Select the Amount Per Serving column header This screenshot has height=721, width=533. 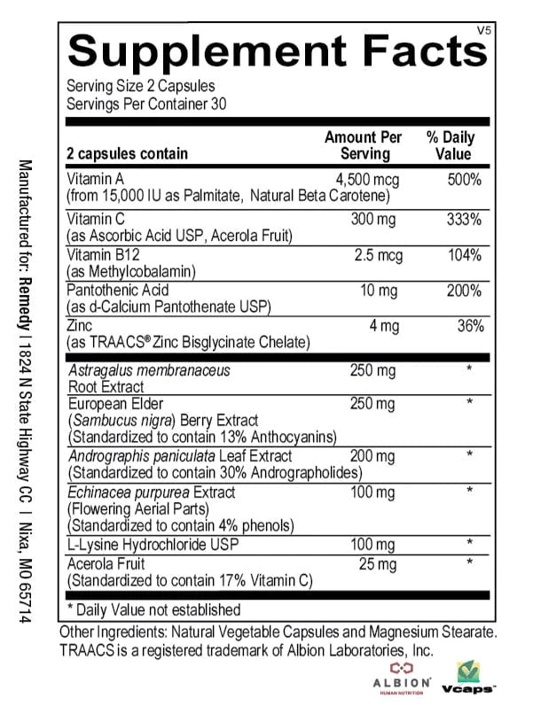[364, 145]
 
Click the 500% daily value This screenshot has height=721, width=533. [465, 180]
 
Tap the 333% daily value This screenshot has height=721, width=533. [465, 219]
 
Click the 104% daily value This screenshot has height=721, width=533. [465, 256]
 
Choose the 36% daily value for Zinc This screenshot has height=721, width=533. [469, 326]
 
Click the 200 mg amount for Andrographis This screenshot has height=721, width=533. [372, 456]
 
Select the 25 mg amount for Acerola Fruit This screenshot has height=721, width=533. [377, 563]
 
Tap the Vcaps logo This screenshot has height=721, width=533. [471, 678]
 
